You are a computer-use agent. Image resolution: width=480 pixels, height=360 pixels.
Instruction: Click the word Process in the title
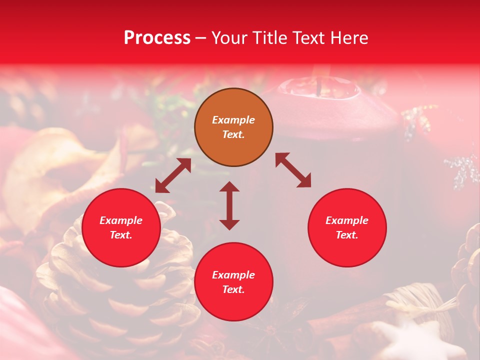coord(157,38)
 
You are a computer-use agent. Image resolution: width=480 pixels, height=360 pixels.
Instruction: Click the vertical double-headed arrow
coord(229,205)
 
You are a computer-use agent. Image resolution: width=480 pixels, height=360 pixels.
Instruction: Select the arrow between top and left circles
coord(173,175)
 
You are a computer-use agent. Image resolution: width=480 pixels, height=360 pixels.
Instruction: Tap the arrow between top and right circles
coord(293,170)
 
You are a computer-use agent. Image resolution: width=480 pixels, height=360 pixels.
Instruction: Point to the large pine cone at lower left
coord(120,290)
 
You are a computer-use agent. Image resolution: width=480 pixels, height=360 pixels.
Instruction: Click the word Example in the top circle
coord(233,120)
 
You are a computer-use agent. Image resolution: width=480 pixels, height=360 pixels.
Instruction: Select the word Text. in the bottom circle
coord(233,289)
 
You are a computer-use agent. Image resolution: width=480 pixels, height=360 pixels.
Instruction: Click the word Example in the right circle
coord(347,220)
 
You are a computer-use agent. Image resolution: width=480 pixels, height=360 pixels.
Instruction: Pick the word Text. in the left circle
coord(121,235)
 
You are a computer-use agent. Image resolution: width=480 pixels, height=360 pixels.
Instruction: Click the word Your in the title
coord(230,38)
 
